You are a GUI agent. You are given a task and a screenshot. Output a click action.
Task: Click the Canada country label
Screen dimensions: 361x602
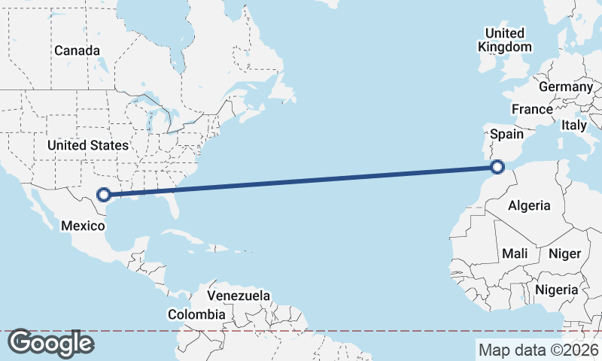[x=77, y=50]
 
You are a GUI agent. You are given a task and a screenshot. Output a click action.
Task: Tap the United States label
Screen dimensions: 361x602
[x=87, y=144]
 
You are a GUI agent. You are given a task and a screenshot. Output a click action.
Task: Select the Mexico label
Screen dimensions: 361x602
[x=81, y=226]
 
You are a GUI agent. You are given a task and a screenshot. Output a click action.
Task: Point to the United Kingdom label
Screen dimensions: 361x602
[x=504, y=40]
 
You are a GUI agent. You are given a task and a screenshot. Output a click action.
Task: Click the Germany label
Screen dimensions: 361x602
[x=566, y=87]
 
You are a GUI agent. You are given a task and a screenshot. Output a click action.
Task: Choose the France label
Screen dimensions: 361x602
[x=532, y=109]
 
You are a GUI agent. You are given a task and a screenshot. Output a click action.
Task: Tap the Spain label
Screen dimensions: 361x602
[x=506, y=134]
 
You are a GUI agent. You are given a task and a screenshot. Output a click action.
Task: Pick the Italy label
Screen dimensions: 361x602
[x=573, y=126]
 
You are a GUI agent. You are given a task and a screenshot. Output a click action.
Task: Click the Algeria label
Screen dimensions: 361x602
[x=529, y=205]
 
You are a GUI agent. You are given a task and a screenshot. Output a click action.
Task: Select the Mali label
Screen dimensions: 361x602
[x=515, y=253]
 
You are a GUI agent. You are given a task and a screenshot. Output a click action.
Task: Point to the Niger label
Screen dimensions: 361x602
[x=564, y=253]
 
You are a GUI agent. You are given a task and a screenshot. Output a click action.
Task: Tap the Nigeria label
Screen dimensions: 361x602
[x=556, y=290]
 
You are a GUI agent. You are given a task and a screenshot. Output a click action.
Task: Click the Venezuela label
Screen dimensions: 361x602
[x=239, y=296]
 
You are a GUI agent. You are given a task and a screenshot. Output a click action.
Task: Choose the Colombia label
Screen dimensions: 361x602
[x=196, y=314]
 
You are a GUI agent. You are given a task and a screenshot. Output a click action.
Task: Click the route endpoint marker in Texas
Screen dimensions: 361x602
[x=105, y=195]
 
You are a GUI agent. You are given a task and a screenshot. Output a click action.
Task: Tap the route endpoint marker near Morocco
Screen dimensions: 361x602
[x=497, y=166]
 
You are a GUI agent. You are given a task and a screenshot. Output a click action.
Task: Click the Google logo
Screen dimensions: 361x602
[x=50, y=343]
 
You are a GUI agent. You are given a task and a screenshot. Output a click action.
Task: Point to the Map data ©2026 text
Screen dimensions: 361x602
[x=539, y=350]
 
